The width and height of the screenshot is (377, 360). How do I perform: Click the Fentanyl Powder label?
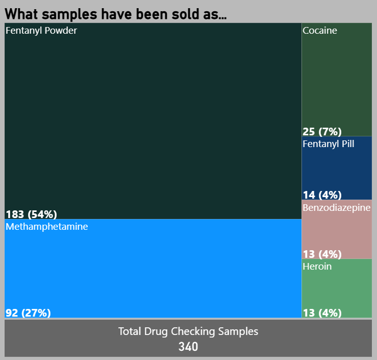(41, 31)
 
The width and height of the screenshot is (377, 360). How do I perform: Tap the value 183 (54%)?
(31, 214)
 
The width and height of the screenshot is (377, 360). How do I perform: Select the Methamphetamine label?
(46, 227)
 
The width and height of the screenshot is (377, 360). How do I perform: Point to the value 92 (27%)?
(28, 313)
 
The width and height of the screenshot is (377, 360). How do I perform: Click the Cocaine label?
(320, 31)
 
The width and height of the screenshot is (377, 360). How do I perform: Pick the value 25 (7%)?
(322, 131)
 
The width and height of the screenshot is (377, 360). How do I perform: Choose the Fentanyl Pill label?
(329, 144)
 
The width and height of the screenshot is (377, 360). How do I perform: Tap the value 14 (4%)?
(322, 195)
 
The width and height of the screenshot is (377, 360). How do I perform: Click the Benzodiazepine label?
(337, 208)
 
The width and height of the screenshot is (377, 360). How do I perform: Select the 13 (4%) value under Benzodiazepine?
(322, 254)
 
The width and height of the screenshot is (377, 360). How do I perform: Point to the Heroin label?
(317, 267)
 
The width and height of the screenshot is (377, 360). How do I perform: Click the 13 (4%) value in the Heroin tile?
(322, 313)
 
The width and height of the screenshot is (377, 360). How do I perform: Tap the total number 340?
(188, 347)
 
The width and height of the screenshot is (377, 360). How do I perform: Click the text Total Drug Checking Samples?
(188, 331)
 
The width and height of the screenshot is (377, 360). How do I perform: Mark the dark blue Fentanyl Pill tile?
(337, 169)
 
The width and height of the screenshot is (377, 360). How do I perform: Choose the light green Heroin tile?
(337, 289)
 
